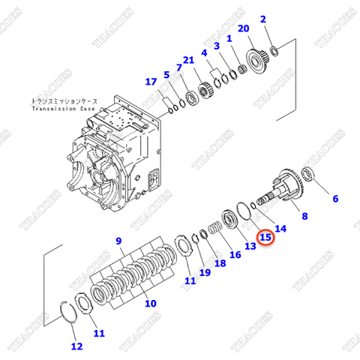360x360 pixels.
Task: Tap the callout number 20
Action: pyautogui.click(x=242, y=28)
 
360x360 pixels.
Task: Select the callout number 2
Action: pyautogui.click(x=262, y=19)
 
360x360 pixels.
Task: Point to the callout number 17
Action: pyautogui.click(x=151, y=82)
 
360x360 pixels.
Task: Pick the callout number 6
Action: pyautogui.click(x=335, y=199)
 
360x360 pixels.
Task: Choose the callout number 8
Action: pyautogui.click(x=304, y=216)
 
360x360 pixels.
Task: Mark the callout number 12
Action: pyautogui.click(x=76, y=346)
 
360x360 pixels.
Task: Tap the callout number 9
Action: pyautogui.click(x=118, y=240)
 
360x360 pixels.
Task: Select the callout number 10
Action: pyautogui.click(x=150, y=304)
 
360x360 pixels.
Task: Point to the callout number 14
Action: pyautogui.click(x=280, y=228)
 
